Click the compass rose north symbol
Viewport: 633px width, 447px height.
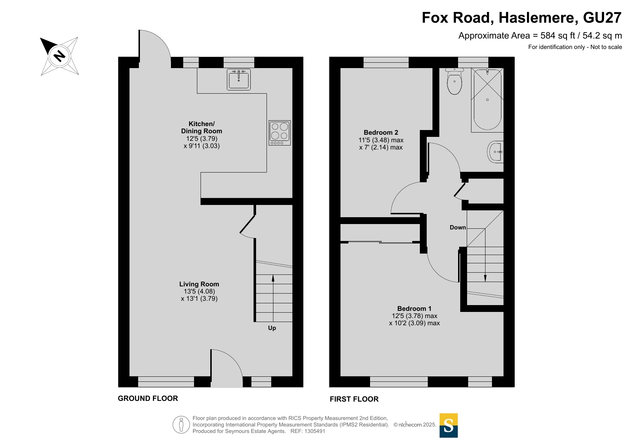coord(60,56)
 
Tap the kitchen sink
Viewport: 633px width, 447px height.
coord(239,79)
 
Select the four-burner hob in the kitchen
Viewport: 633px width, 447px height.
coord(280,133)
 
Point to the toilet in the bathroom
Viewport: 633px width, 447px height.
coord(454,81)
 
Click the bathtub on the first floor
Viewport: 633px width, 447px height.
coord(487,100)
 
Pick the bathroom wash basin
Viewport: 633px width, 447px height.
coord(495,152)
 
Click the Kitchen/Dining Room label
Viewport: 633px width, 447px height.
coord(202,128)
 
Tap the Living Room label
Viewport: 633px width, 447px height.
coord(199,284)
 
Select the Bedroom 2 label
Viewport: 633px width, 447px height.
coord(381,133)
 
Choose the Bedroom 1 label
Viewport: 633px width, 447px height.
coord(414,309)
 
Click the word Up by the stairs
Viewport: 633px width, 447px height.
coord(272,328)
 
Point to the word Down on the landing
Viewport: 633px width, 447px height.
coord(458,228)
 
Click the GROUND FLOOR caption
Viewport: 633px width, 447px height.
coord(148,398)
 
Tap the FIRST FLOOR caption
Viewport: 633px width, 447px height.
coord(354,399)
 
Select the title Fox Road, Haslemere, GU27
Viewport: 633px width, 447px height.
coord(522,18)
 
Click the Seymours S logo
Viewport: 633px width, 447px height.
coord(449,425)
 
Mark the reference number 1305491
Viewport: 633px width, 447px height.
coord(315,431)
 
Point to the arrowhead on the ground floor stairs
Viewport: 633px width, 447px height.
coord(273,278)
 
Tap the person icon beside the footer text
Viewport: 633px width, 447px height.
coord(181,425)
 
